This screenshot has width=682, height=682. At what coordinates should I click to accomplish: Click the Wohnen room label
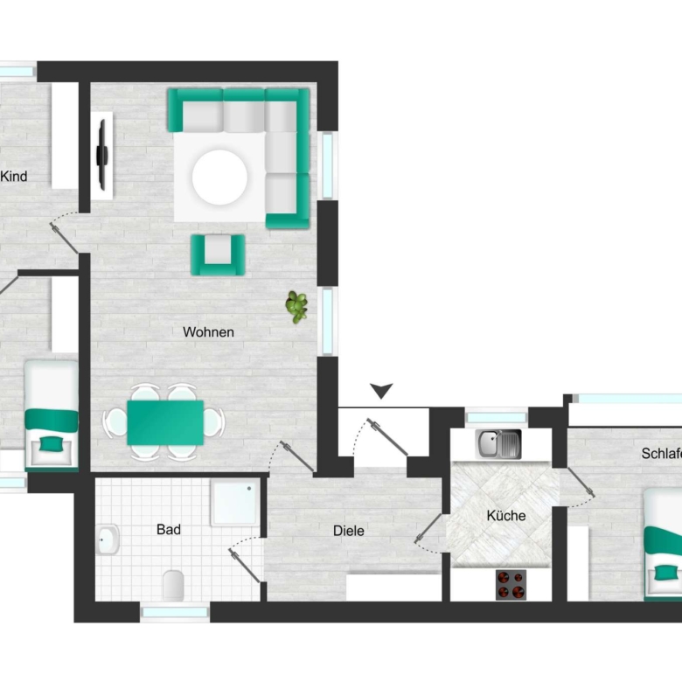click(x=208, y=332)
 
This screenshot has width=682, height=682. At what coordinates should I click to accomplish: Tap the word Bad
click(x=169, y=529)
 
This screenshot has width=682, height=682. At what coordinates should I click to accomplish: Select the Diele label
click(x=348, y=531)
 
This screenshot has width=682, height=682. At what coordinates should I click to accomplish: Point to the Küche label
click(x=506, y=515)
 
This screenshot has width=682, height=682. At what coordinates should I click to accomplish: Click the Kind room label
click(x=13, y=176)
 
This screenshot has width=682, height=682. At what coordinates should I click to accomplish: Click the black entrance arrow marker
click(x=381, y=391)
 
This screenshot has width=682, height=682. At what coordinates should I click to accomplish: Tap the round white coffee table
click(x=219, y=177)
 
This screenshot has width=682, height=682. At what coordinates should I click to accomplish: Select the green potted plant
click(x=296, y=307)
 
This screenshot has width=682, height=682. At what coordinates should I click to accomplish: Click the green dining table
click(x=165, y=423)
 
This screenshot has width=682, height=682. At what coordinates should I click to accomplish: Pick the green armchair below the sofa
click(x=218, y=255)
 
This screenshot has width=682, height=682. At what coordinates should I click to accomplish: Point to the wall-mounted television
click(x=102, y=155)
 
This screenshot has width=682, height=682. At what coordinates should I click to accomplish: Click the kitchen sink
click(x=498, y=444)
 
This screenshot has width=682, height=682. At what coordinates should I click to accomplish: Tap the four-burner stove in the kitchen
click(x=511, y=585)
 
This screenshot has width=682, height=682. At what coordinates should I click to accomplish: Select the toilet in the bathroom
click(x=173, y=586)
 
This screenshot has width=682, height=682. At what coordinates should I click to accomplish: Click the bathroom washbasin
click(x=107, y=539)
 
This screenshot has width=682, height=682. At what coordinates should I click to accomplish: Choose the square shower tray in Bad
click(x=235, y=503)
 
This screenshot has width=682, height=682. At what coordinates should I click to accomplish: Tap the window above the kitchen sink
click(x=497, y=418)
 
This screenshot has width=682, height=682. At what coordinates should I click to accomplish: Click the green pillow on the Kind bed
click(x=52, y=444)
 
